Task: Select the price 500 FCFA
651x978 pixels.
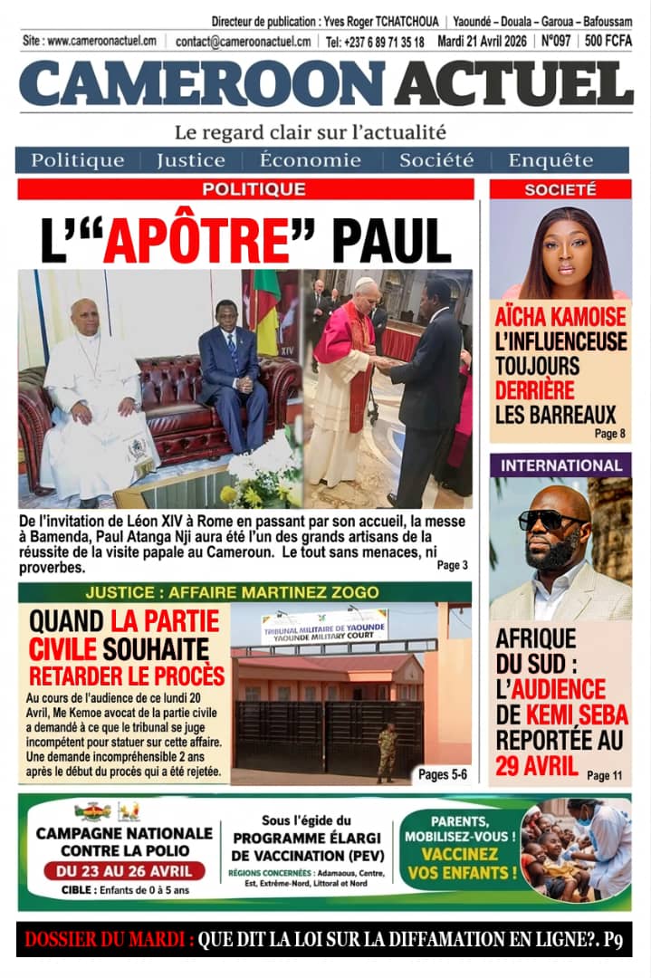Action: pyautogui.click(x=608, y=41)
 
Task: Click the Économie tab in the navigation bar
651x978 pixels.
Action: pyautogui.click(x=310, y=160)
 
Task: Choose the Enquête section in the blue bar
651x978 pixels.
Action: pyautogui.click(x=550, y=160)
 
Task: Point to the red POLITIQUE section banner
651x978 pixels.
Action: pyautogui.click(x=246, y=189)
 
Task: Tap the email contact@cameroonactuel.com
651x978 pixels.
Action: pyautogui.click(x=243, y=42)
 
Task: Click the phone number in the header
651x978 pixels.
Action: pyautogui.click(x=374, y=42)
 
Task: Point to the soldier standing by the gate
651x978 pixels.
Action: pyautogui.click(x=387, y=751)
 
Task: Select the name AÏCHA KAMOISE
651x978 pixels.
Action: pyautogui.click(x=560, y=317)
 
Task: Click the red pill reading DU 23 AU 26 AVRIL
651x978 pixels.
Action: pyautogui.click(x=123, y=872)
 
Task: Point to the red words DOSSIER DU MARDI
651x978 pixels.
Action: pyautogui.click(x=109, y=940)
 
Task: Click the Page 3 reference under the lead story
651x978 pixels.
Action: pyautogui.click(x=452, y=565)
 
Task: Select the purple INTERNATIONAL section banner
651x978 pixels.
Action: pyautogui.click(x=560, y=465)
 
